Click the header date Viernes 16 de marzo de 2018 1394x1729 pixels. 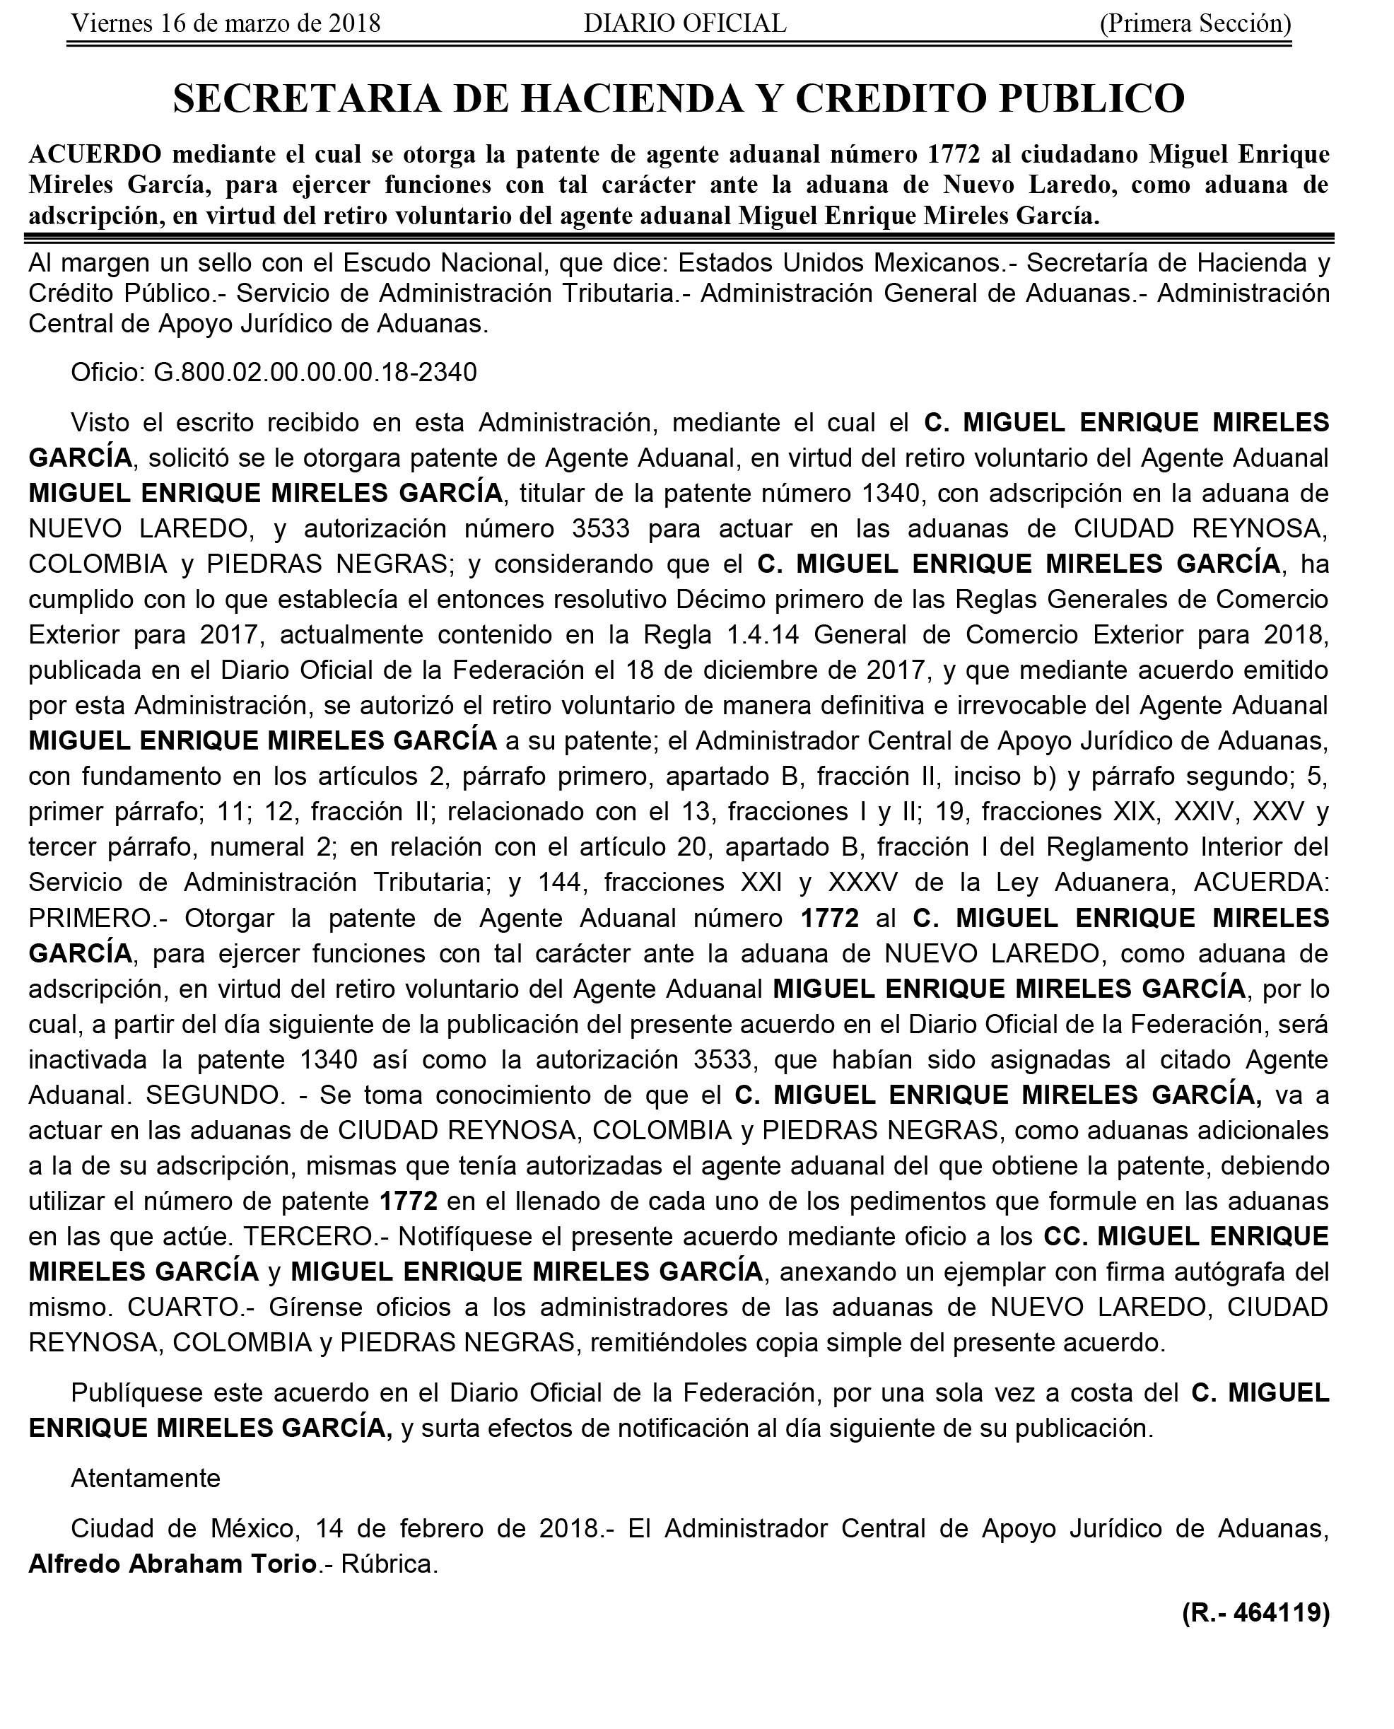pyautogui.click(x=225, y=23)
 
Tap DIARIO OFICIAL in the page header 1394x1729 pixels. pyautogui.click(x=685, y=23)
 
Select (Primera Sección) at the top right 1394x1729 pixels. pyautogui.click(x=1195, y=23)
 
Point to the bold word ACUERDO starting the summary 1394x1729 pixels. pyautogui.click(x=95, y=154)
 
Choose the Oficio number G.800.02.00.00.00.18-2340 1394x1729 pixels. pyautogui.click(x=315, y=373)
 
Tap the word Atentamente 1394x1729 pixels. pyautogui.click(x=146, y=1478)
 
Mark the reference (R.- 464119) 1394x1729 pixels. pyautogui.click(x=1255, y=1612)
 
